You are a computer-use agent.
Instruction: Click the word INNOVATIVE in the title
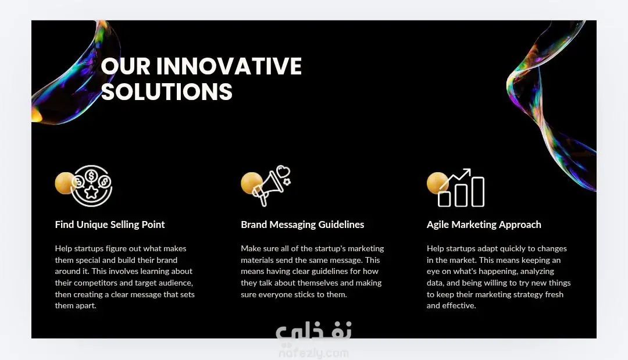point(229,66)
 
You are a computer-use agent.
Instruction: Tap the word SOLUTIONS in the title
point(167,92)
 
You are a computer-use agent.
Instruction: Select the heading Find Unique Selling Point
point(110,224)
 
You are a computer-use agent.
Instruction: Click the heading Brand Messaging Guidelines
point(302,224)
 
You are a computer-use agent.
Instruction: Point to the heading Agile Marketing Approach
point(484,224)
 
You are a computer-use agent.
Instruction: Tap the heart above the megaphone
point(283,172)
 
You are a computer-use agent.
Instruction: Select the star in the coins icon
point(92,193)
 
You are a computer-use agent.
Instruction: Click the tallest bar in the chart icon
point(478,192)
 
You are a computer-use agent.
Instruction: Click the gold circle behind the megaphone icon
point(251,183)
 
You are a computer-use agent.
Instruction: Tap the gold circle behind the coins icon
point(65,183)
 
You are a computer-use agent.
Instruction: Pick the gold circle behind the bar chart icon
point(437,183)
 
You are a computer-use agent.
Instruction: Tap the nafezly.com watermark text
point(313,353)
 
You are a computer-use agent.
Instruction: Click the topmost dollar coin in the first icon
point(92,176)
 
